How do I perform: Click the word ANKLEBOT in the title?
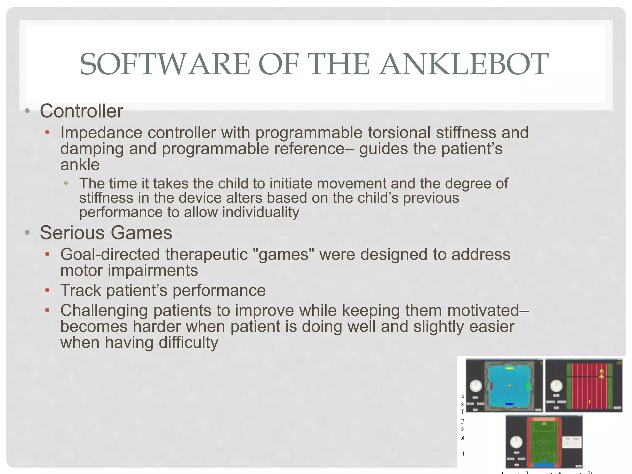click(x=464, y=64)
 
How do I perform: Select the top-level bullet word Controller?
click(x=81, y=111)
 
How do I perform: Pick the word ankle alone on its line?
click(x=80, y=165)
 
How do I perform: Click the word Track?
click(x=81, y=290)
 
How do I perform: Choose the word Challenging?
click(x=104, y=310)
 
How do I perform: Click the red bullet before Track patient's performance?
click(x=47, y=290)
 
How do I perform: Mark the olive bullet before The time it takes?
click(x=66, y=184)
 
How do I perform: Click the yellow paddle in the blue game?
click(x=509, y=368)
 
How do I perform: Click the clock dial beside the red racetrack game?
click(x=556, y=386)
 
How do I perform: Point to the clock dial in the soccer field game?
click(x=516, y=442)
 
